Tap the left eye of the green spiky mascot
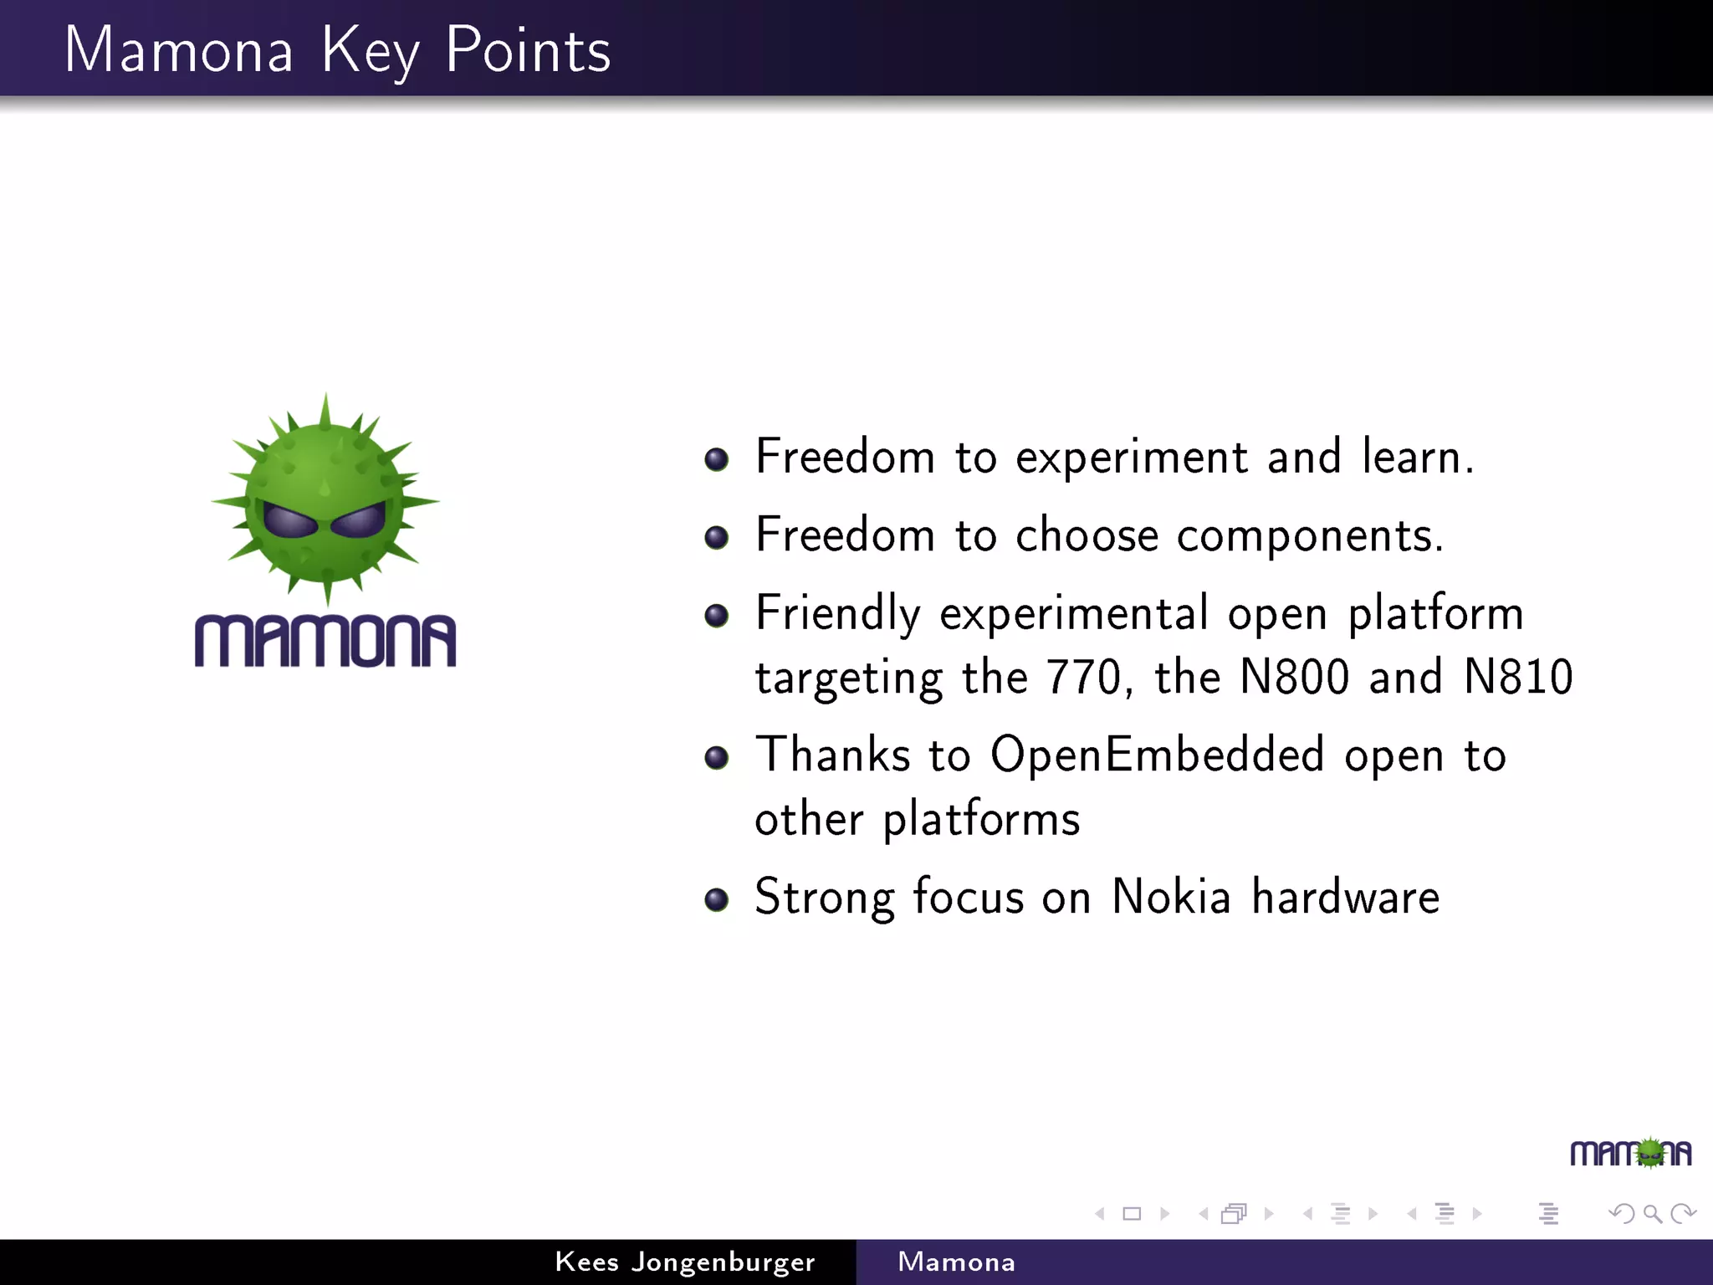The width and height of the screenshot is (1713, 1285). (289, 521)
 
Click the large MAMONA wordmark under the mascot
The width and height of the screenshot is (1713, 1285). (325, 642)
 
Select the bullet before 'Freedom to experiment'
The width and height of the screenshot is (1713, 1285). (716, 459)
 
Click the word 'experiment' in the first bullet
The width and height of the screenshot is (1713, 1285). (1132, 458)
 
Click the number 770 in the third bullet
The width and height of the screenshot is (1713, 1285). (1083, 677)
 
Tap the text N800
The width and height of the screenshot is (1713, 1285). (1294, 677)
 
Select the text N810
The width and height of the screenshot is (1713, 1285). (1518, 677)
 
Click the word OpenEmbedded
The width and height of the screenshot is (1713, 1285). (1157, 755)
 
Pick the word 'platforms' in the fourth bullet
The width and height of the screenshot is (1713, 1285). (981, 820)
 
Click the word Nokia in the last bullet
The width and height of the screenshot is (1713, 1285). (1171, 897)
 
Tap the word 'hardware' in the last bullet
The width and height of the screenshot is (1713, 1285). (1345, 897)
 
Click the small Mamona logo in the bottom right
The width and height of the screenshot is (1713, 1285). (1630, 1154)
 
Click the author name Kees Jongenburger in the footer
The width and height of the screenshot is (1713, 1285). (684, 1262)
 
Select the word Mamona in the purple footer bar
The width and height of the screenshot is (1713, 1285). (956, 1262)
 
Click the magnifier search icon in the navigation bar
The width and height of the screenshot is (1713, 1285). (1652, 1213)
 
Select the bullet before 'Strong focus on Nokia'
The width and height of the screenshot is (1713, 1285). (716, 899)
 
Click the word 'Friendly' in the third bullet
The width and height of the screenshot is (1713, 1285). (837, 614)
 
